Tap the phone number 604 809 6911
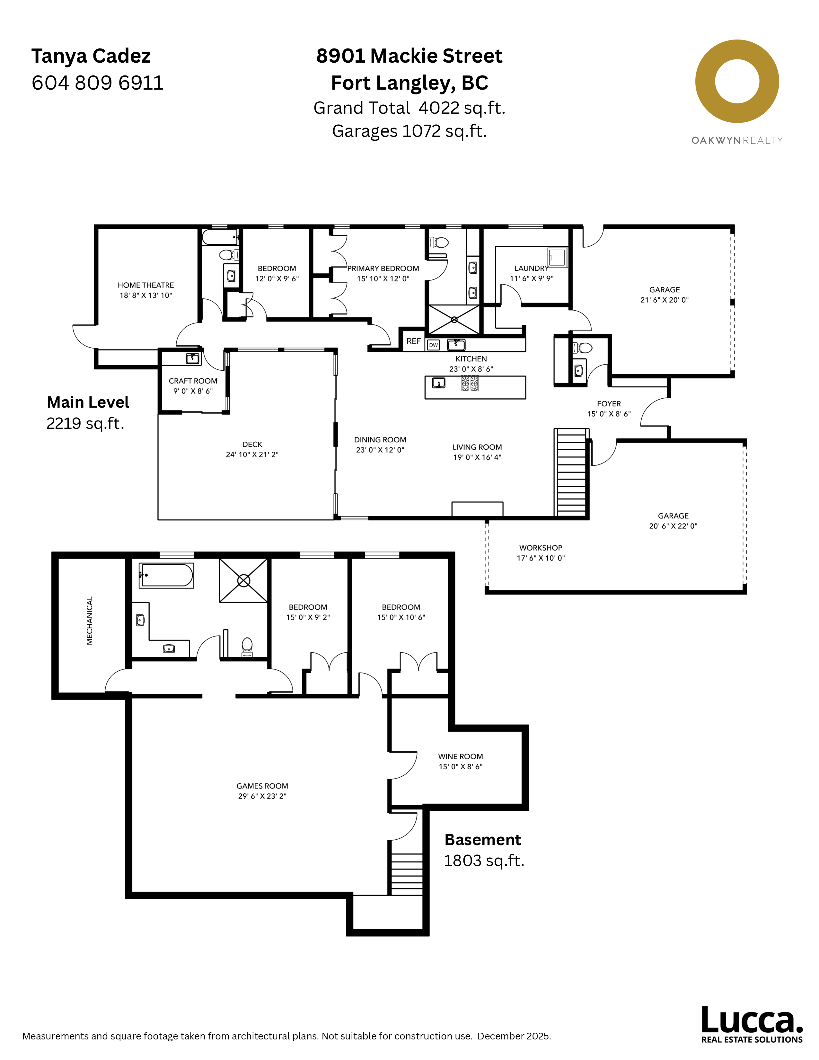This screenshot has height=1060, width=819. [x=98, y=83]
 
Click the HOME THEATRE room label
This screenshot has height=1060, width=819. [x=145, y=285]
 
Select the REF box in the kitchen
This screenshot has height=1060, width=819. [x=413, y=341]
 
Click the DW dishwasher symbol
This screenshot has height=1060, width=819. [x=433, y=345]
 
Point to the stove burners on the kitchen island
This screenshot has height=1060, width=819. [x=470, y=384]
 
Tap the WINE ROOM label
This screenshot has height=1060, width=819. [x=461, y=756]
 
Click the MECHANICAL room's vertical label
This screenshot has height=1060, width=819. [x=89, y=621]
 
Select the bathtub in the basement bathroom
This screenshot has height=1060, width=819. [x=166, y=576]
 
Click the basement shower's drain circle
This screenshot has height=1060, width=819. [x=243, y=580]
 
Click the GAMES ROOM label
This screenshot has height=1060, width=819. [x=262, y=786]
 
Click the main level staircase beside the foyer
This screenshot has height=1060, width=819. [x=572, y=473]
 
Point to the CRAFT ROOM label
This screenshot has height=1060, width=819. [x=193, y=381]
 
